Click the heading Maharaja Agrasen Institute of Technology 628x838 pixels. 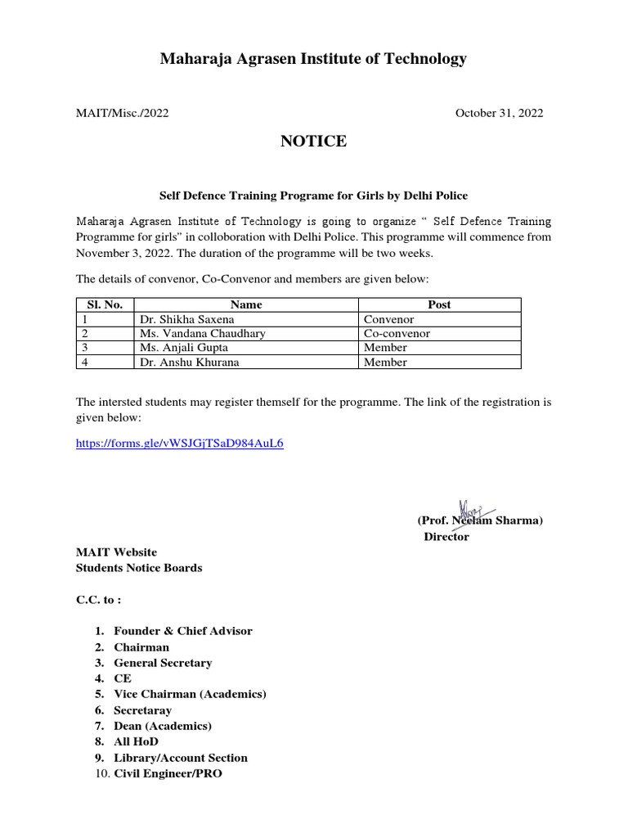(x=313, y=59)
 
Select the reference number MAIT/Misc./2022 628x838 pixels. (x=123, y=113)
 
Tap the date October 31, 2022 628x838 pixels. (x=499, y=113)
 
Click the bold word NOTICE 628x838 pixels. (x=313, y=142)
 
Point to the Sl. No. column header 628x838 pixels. (x=105, y=304)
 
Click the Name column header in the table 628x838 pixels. (x=246, y=304)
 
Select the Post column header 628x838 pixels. (x=439, y=304)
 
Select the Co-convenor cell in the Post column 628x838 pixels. (x=397, y=333)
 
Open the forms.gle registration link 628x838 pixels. (x=180, y=443)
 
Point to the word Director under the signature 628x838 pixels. (x=446, y=537)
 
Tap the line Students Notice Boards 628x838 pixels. (x=139, y=568)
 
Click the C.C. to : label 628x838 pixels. (x=98, y=599)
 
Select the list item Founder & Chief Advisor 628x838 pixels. (x=183, y=631)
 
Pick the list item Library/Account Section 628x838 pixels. (x=181, y=758)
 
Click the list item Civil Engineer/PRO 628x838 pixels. (x=168, y=773)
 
